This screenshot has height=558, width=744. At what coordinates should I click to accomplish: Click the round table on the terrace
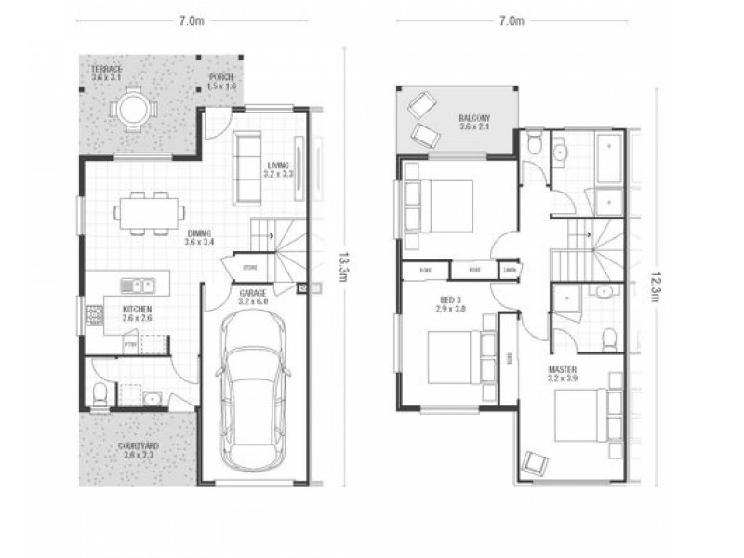[x=132, y=109]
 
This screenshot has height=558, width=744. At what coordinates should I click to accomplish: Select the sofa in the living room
[x=246, y=167]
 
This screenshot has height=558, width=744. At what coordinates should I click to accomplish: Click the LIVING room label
[x=277, y=168]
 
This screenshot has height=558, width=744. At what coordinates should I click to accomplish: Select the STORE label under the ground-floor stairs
[x=249, y=267]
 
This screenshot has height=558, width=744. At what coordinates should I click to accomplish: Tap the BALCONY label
[x=474, y=122]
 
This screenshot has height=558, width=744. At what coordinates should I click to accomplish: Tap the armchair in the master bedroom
[x=537, y=462]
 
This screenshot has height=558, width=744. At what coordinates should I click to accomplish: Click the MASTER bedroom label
[x=564, y=373]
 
